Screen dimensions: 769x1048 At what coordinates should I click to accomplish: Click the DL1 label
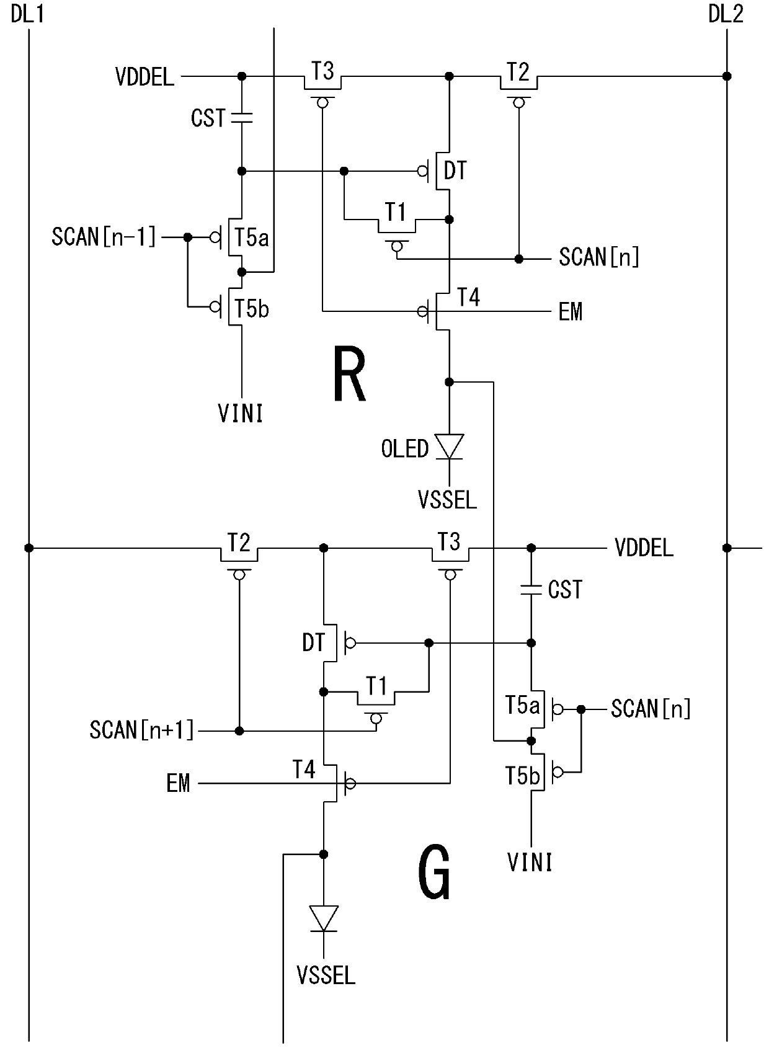(27, 14)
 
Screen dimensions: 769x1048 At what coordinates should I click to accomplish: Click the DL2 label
(726, 14)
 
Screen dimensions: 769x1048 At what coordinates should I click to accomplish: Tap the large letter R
(349, 374)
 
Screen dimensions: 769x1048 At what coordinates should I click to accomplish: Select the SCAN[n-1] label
(104, 237)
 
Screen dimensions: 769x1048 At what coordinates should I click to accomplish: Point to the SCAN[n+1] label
(141, 730)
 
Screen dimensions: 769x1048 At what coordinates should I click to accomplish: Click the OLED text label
(404, 449)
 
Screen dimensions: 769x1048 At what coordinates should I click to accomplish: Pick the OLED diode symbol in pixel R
(449, 447)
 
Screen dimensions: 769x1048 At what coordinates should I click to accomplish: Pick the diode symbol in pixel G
(323, 919)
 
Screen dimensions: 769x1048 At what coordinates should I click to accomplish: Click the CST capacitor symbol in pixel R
(242, 118)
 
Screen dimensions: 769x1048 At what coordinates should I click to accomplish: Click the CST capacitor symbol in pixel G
(531, 589)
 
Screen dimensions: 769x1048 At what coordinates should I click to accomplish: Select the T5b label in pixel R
(252, 309)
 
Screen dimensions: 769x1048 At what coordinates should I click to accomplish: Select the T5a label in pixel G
(523, 705)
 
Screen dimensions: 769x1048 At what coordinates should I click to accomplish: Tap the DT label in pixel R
(455, 171)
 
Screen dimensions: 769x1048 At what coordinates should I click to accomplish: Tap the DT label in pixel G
(313, 642)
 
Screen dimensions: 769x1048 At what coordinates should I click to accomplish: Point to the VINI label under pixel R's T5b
(241, 414)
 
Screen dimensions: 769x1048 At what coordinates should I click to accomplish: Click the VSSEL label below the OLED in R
(447, 500)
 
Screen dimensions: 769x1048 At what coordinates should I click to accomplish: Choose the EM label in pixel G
(178, 783)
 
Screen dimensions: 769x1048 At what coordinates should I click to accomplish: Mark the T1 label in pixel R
(396, 212)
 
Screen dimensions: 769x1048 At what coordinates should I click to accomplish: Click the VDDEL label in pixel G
(644, 548)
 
